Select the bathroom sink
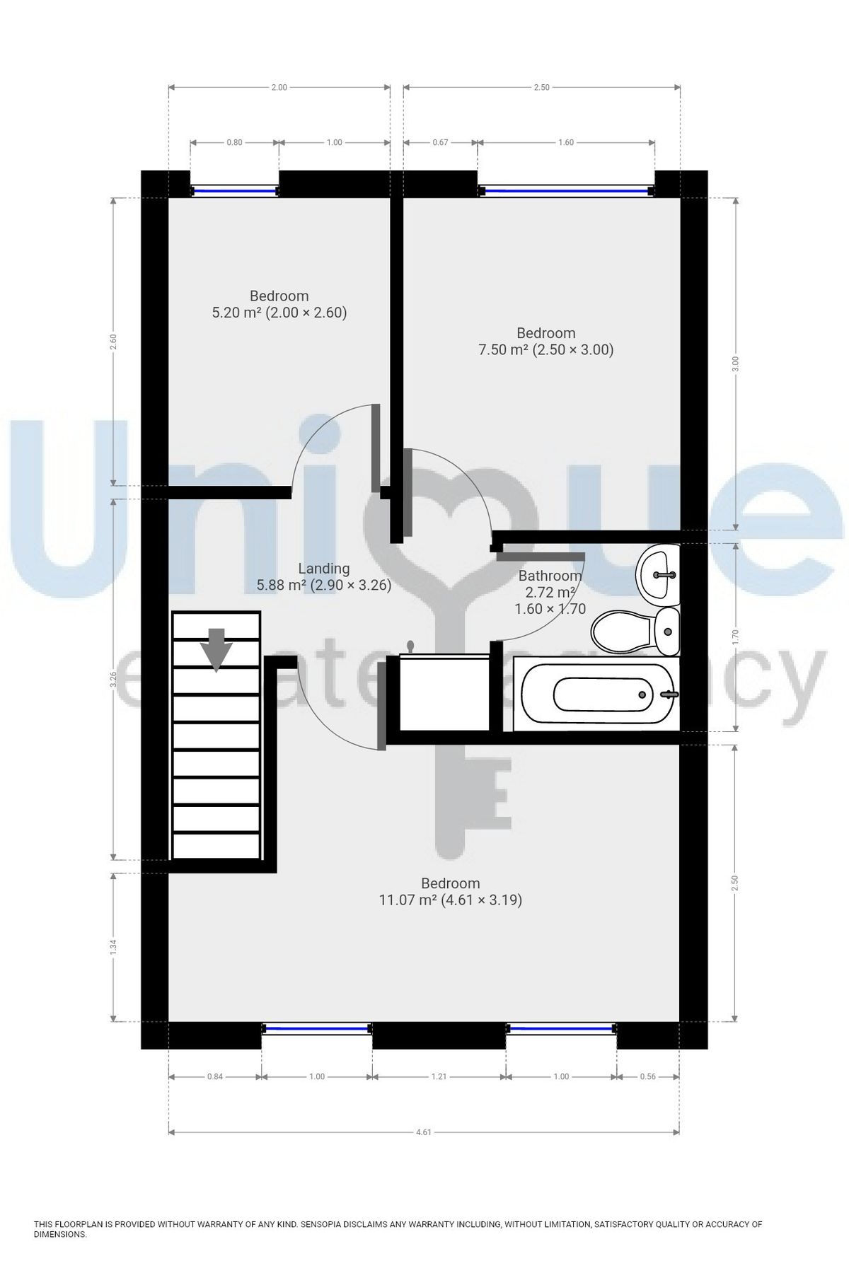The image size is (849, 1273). tap(659, 574)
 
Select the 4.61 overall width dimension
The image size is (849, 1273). tap(423, 1132)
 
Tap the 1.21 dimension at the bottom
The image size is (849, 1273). tap(439, 1076)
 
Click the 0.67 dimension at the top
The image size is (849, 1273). tap(440, 142)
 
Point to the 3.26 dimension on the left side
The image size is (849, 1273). tap(113, 679)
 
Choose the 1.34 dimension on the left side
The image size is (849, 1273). tap(113, 948)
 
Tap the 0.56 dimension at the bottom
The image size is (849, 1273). tap(647, 1076)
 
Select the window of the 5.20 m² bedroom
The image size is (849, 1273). tap(234, 190)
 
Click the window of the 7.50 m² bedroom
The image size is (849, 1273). tap(565, 190)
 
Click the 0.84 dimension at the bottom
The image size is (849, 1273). tap(214, 1076)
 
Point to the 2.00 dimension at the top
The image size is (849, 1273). tap(279, 88)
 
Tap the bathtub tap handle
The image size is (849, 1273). tap(668, 694)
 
